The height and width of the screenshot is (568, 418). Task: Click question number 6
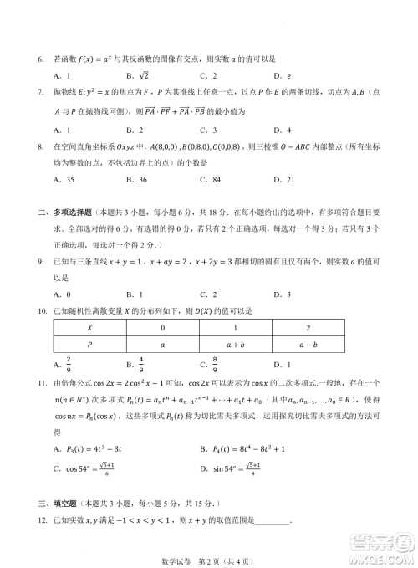[41, 61]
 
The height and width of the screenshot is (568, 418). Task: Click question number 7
[41, 92]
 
